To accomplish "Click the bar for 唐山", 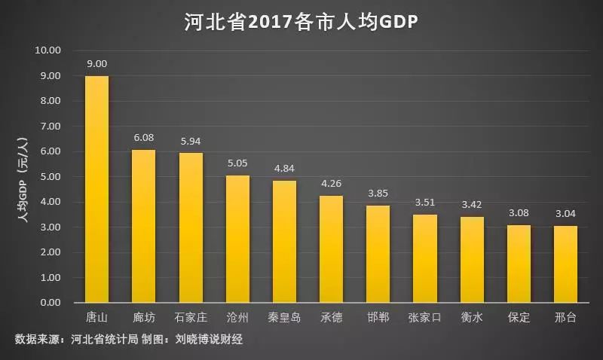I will point(96,189).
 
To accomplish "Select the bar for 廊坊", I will point(143,226).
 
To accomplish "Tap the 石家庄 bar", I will point(191,227).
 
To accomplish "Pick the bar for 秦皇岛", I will point(284,242).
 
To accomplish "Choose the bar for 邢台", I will point(566,264).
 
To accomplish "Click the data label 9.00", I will point(96,64).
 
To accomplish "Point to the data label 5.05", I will point(237,163).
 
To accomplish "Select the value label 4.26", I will point(332,184).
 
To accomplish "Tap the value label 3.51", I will point(425,203).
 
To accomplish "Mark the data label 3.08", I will point(519,213).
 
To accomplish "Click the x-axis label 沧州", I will point(237,317).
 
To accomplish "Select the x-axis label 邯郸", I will point(378,317).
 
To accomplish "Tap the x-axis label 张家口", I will point(425,317).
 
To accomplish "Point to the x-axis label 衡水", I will point(472,317).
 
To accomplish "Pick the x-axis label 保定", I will point(519,317).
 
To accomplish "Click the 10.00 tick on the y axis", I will point(47,50).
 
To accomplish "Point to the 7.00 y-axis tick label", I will point(49,127).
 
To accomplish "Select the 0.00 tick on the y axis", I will point(49,303).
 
